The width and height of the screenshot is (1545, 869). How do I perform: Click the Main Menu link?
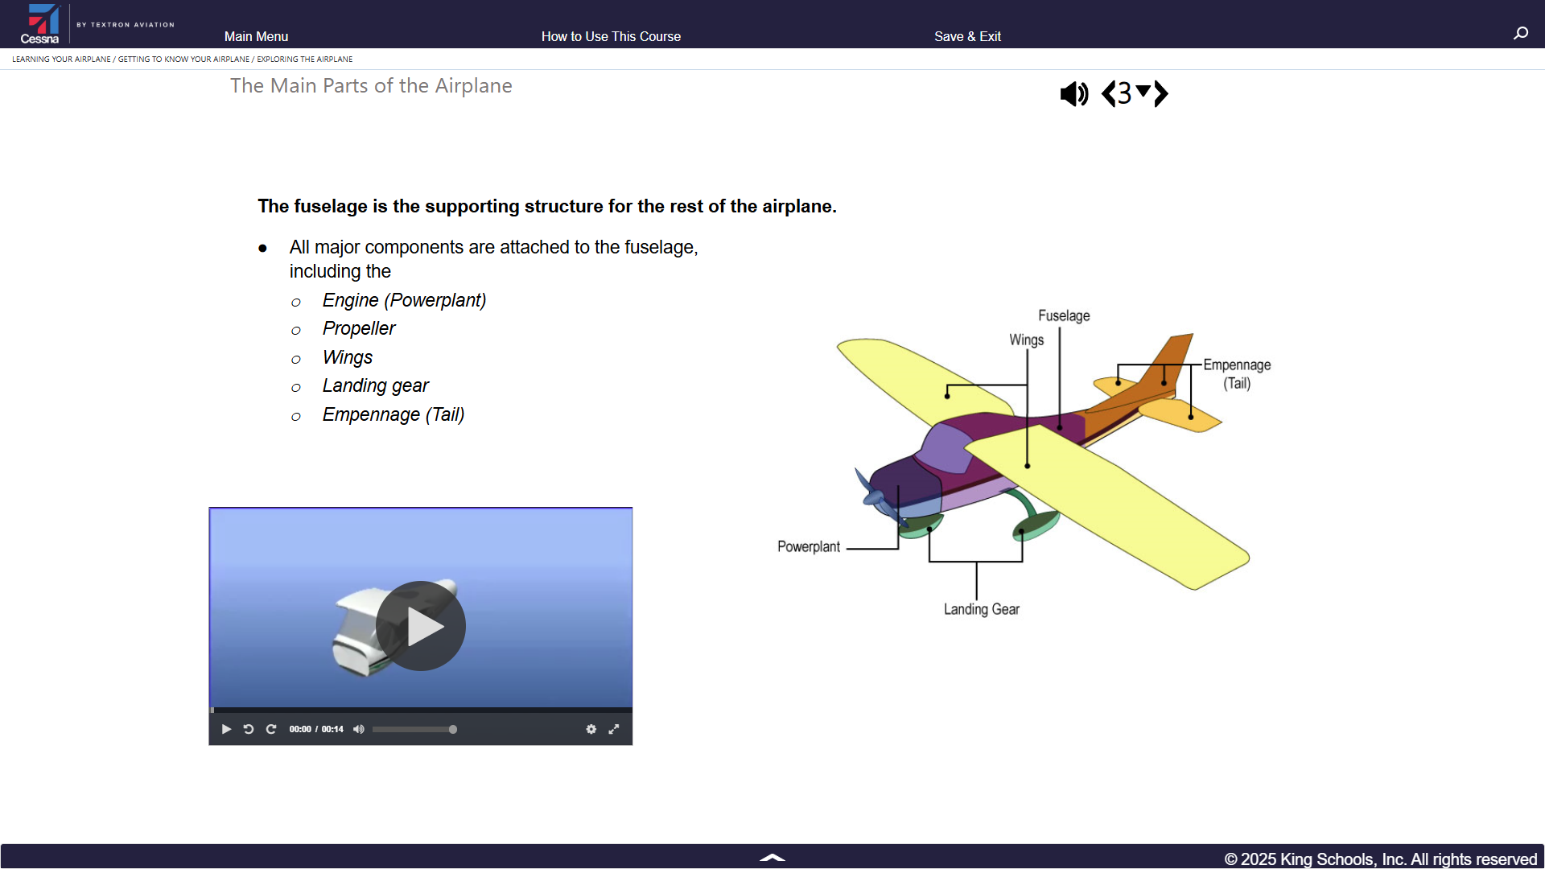coord(256,36)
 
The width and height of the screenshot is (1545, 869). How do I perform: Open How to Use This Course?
coord(611,36)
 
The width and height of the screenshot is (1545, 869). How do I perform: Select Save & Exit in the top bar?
coord(967,36)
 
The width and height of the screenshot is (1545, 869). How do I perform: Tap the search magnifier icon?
coord(1520,33)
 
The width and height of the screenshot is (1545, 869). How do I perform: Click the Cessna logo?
coord(41,23)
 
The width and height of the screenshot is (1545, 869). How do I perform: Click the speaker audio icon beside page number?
coord(1074,94)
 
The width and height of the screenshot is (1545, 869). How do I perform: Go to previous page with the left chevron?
coord(1108,93)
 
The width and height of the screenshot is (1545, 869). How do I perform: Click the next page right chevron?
coord(1161,93)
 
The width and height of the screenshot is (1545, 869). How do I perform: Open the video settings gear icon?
coord(591,729)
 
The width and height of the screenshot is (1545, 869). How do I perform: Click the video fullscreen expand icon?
coord(614,729)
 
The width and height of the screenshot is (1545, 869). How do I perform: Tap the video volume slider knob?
coord(453,729)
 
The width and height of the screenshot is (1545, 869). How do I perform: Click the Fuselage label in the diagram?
coord(1064,316)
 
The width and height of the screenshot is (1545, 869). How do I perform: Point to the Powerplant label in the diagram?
coord(809,547)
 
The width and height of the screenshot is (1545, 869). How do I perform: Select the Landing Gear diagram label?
coord(982,609)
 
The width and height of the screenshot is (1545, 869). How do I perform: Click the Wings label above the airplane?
coord(1027,340)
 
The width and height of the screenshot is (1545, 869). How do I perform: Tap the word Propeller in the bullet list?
coord(359,328)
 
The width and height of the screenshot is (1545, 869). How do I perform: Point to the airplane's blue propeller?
coord(877,495)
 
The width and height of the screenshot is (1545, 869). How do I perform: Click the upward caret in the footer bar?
coord(772,858)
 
